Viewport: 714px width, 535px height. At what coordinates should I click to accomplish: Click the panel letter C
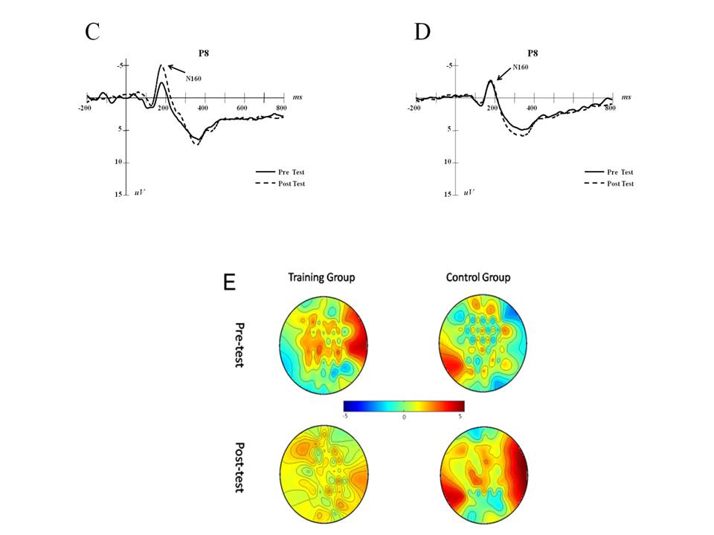click(x=92, y=31)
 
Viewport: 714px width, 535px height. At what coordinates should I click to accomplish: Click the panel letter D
click(x=422, y=31)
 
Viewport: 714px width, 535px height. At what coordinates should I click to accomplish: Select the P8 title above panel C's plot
click(x=202, y=53)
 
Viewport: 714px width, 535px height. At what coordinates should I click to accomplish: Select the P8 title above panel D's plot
click(x=533, y=53)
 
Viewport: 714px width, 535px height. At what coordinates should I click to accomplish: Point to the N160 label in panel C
click(x=193, y=78)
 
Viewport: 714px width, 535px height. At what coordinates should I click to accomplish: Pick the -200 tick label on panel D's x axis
click(x=415, y=108)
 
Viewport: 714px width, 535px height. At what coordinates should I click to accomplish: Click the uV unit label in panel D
click(x=469, y=192)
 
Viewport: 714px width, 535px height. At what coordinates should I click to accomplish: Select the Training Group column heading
click(x=321, y=278)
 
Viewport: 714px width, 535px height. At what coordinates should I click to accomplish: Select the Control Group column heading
click(x=478, y=278)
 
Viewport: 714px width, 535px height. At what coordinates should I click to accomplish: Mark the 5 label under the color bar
click(x=460, y=418)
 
